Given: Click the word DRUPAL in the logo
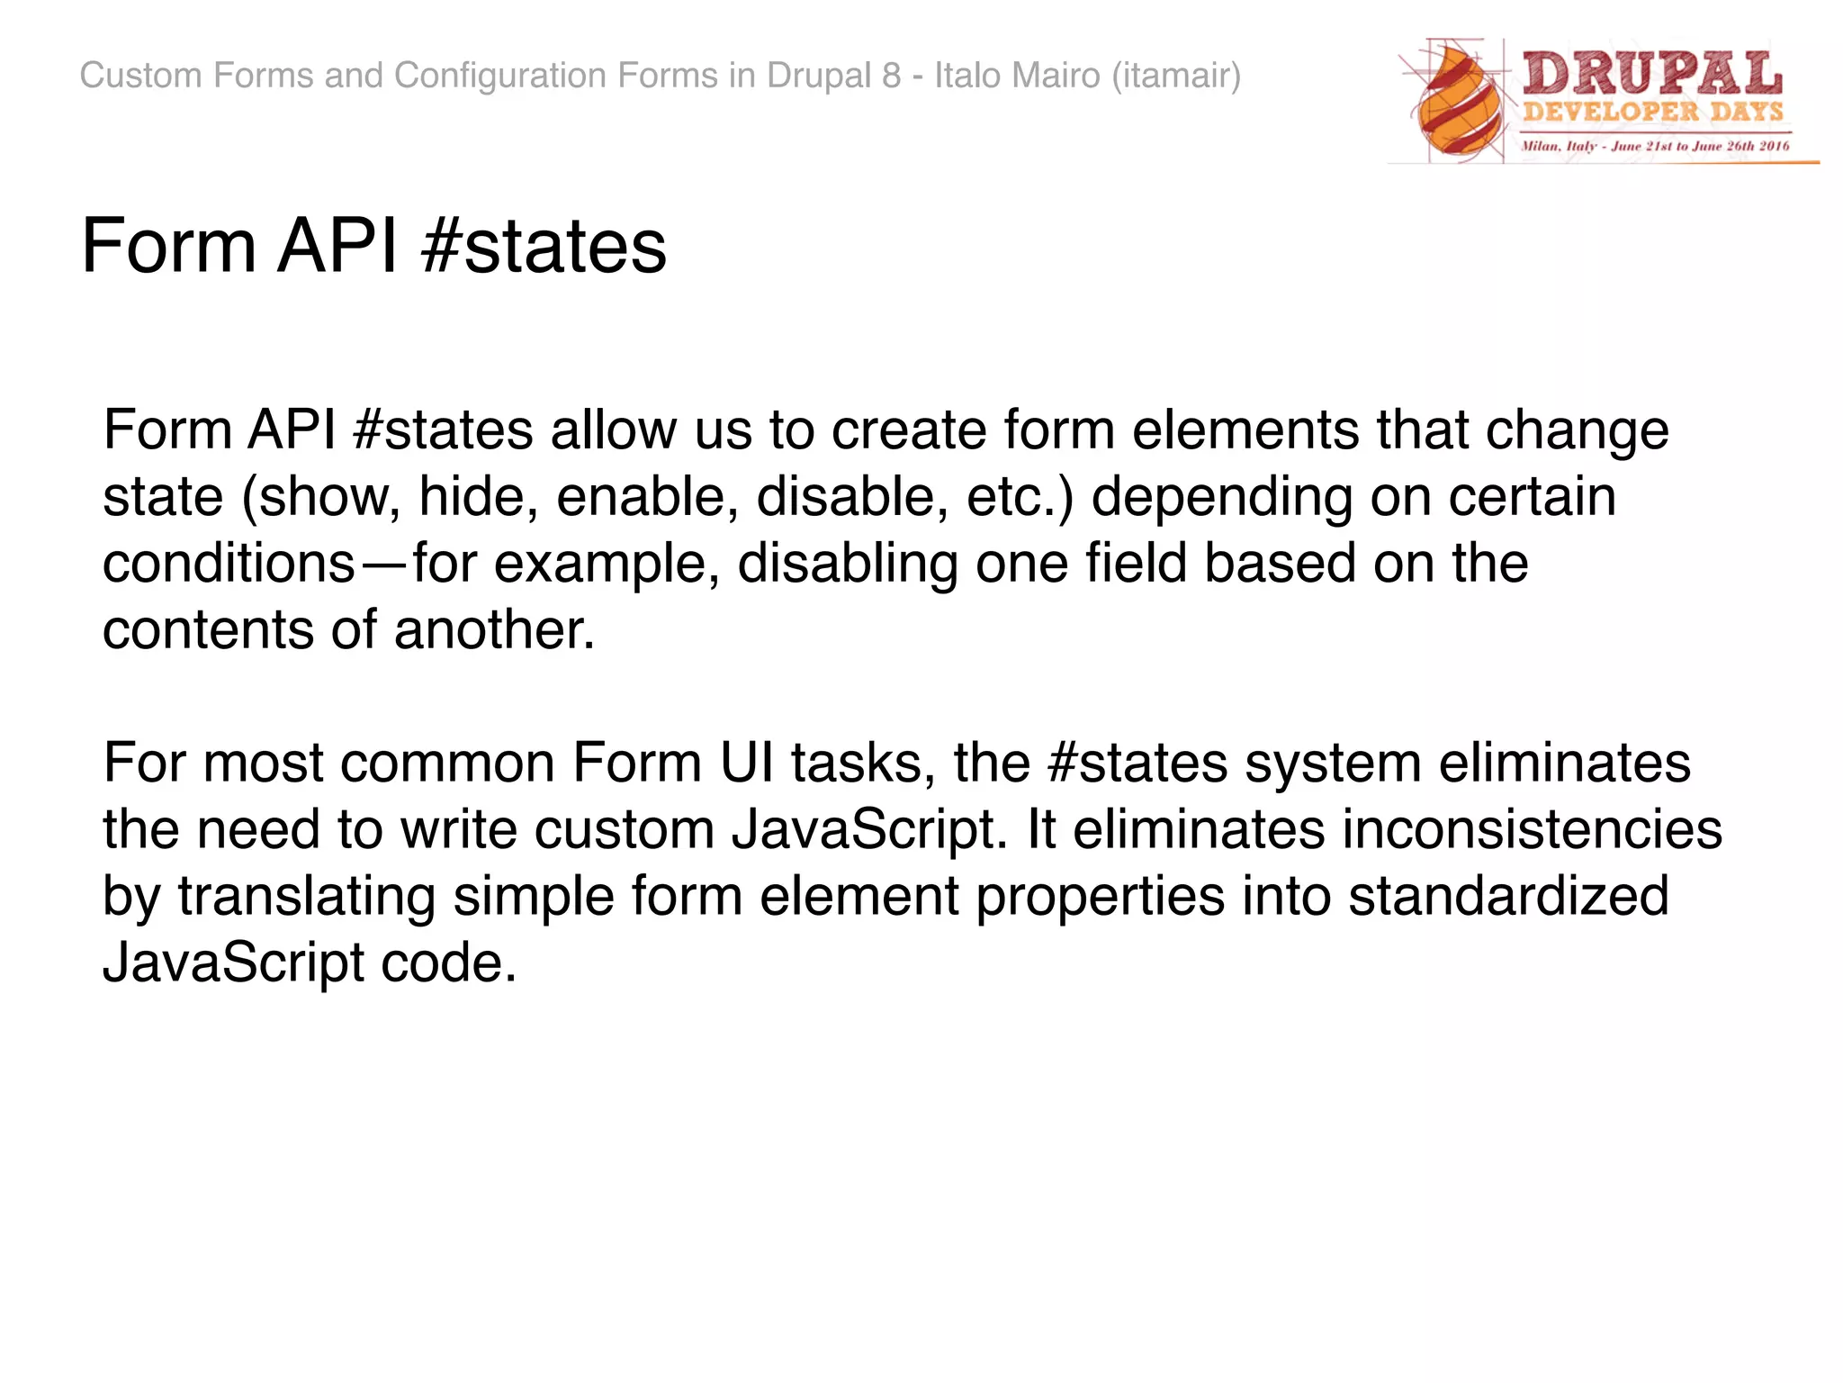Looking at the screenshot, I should coord(1652,74).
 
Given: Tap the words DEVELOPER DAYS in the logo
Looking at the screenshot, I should coord(1652,113).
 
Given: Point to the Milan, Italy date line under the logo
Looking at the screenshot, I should coord(1654,146).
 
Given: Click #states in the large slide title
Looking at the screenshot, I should coord(544,247).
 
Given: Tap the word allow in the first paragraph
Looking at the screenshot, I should coord(613,430).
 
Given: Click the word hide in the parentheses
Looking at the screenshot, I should coord(472,497).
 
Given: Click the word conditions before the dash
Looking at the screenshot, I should coord(229,564).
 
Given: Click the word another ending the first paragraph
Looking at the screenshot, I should coord(494,630).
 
